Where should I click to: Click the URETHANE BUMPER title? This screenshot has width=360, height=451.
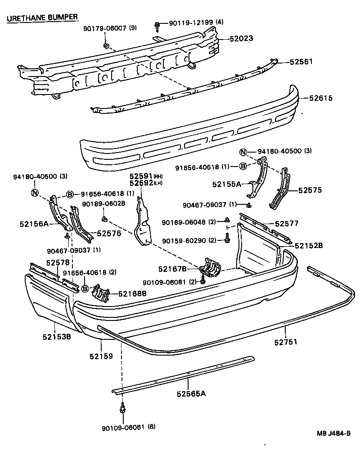coord(42,17)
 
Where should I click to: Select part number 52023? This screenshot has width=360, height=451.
coord(242,39)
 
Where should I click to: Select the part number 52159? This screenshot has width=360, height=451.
coord(101,356)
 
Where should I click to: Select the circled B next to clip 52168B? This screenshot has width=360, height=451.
coord(85,289)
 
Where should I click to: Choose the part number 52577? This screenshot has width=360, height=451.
coord(287,223)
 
